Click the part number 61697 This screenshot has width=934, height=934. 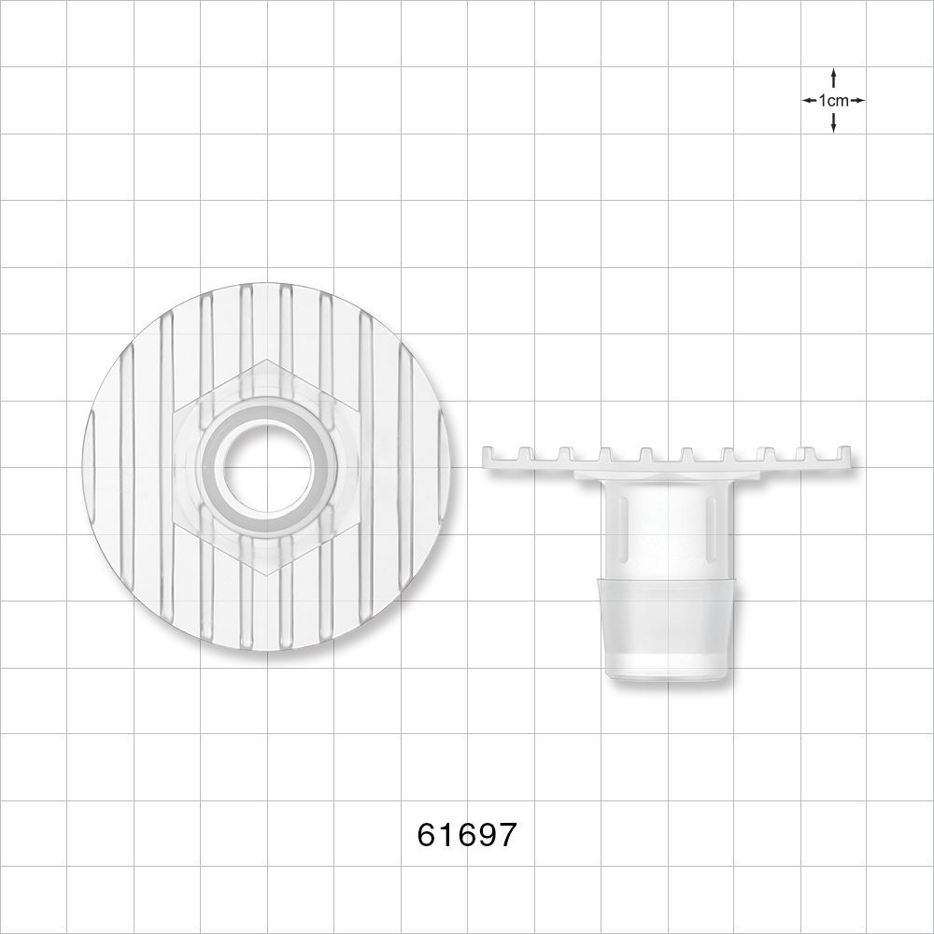pos(466,834)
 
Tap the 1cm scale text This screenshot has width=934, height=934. pos(833,100)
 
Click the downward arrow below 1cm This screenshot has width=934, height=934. pos(833,123)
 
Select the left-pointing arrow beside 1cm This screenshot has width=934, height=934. pos(809,100)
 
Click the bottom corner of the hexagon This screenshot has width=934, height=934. pos(267,576)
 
